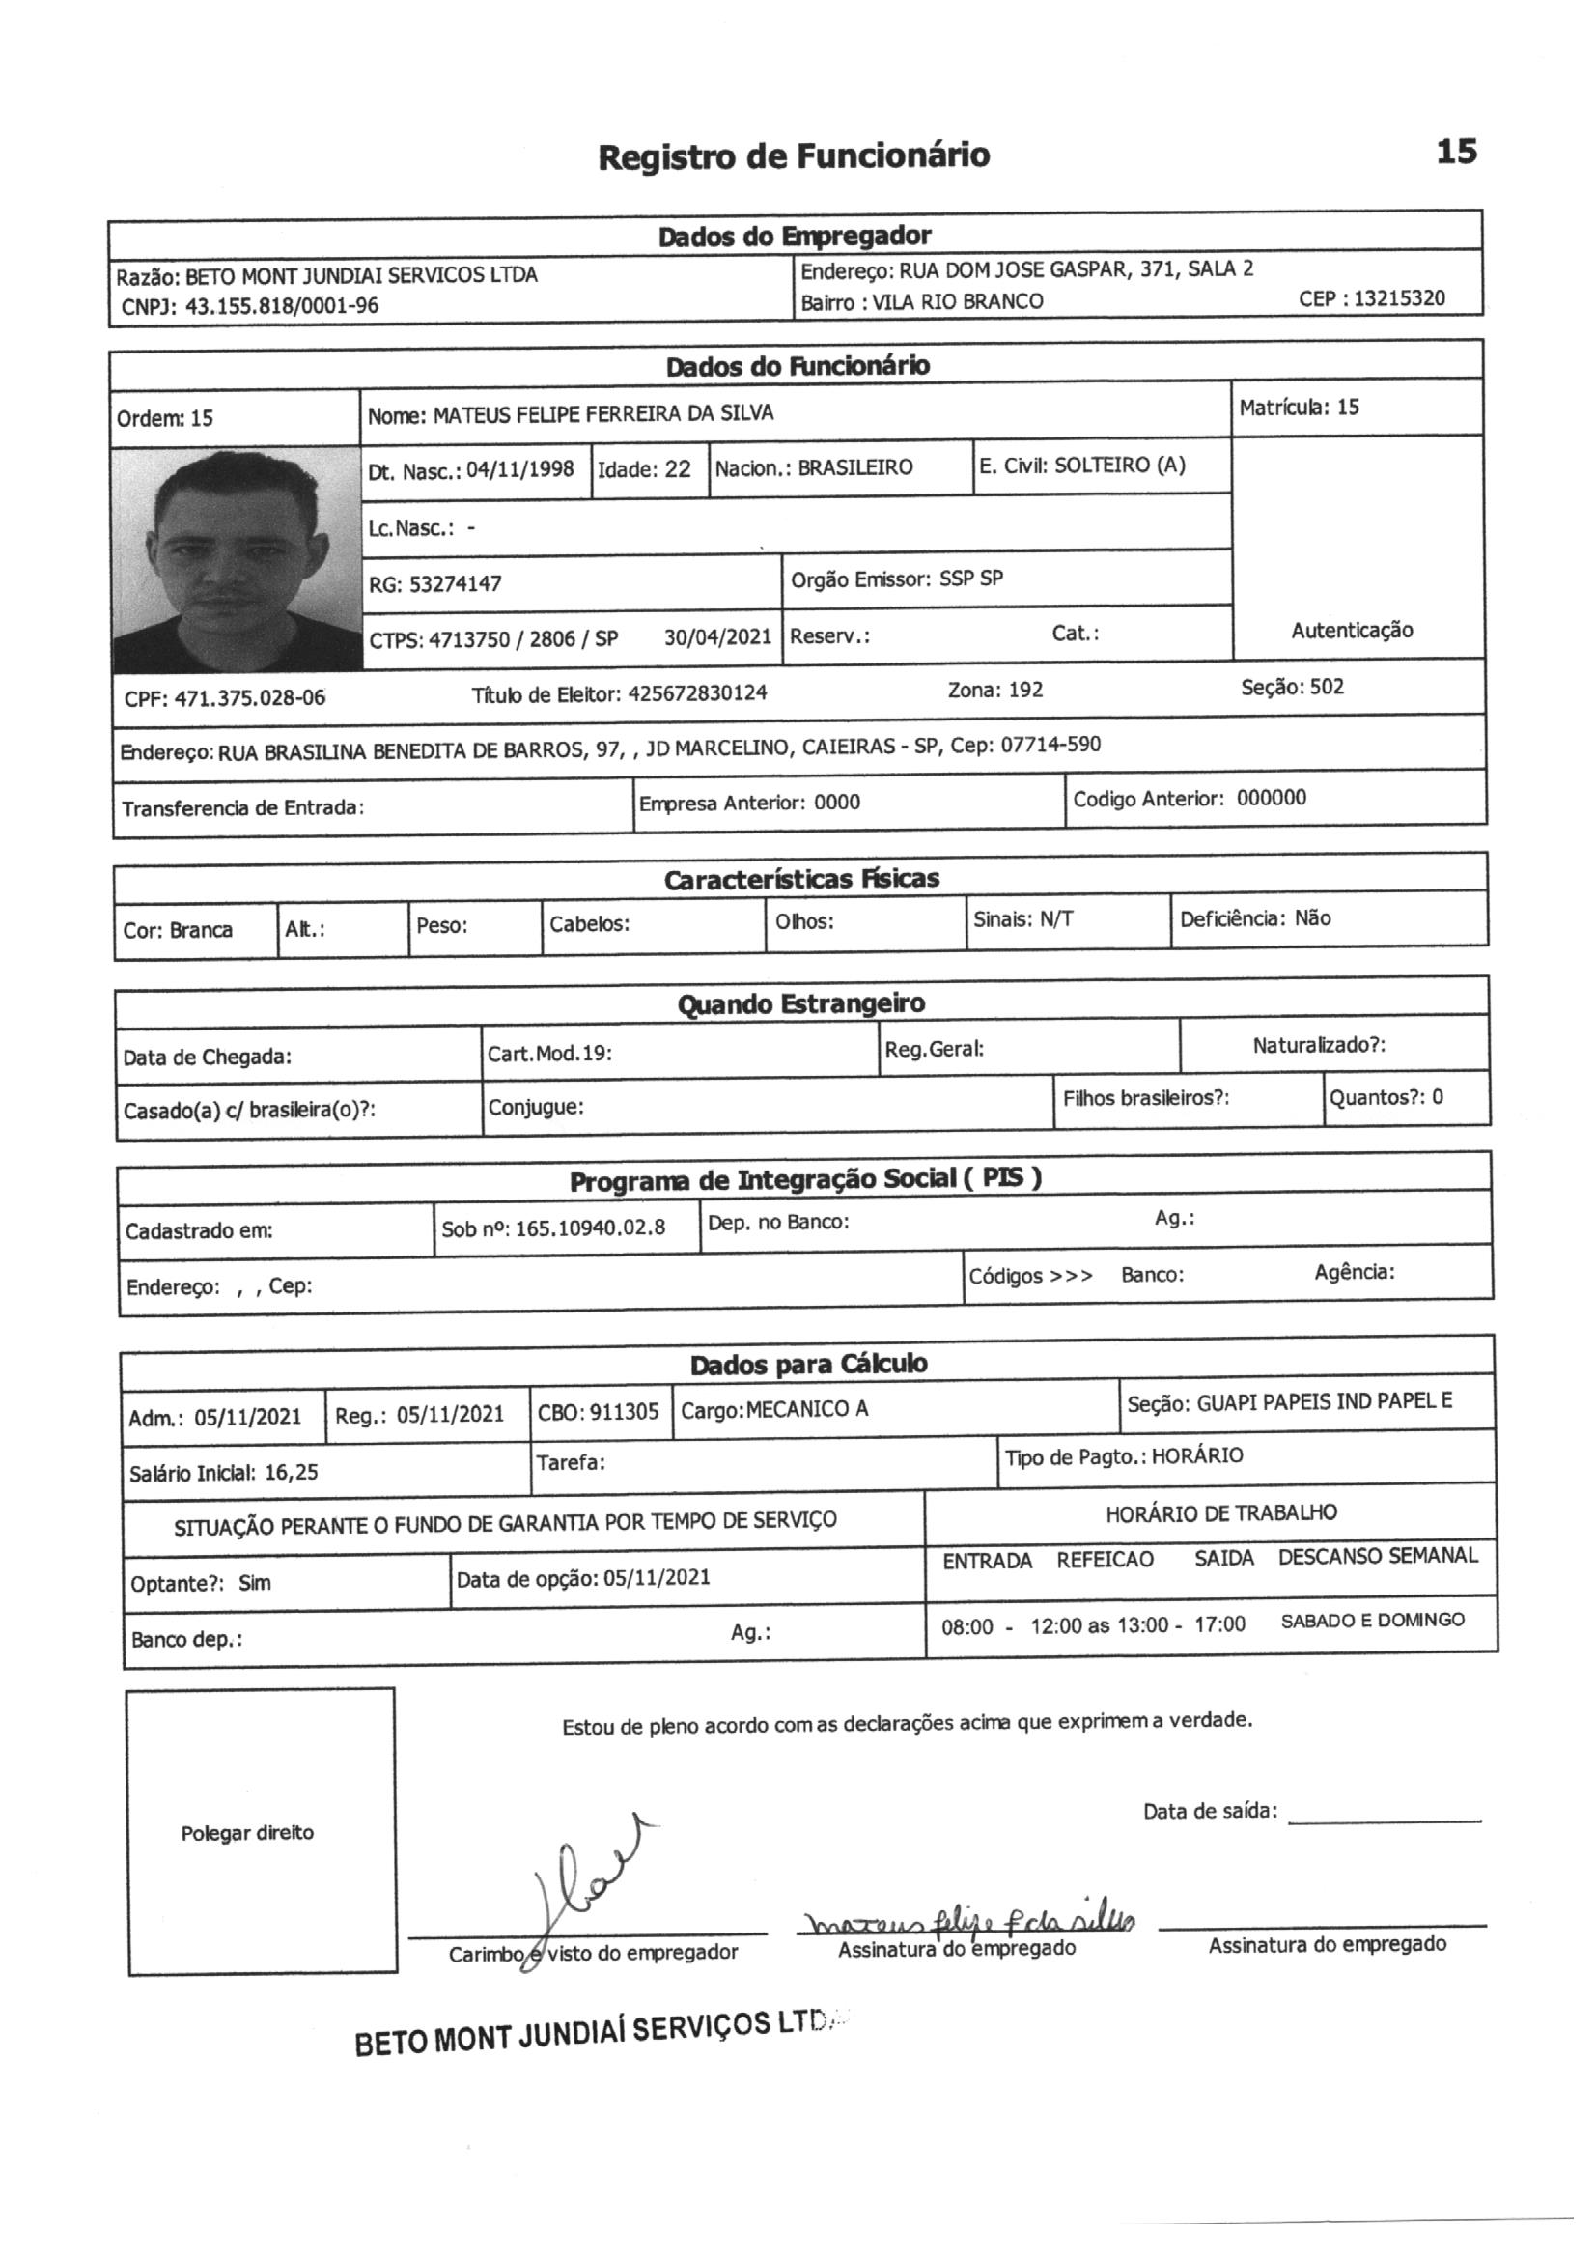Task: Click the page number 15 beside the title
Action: (x=1456, y=152)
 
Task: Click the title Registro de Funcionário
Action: (x=794, y=155)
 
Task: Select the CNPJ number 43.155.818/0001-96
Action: (x=281, y=306)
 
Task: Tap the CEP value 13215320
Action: (x=1399, y=298)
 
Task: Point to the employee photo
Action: (x=236, y=557)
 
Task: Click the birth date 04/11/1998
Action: (x=519, y=469)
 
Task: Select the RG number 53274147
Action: (x=456, y=584)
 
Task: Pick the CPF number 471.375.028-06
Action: (x=250, y=698)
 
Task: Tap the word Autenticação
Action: (x=1351, y=631)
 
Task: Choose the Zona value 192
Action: (x=1024, y=690)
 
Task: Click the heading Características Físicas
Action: (x=800, y=878)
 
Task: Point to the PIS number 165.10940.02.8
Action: (x=590, y=1228)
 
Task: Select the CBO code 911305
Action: (x=624, y=1412)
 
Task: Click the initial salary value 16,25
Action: (x=291, y=1471)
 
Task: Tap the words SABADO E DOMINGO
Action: (x=1372, y=1620)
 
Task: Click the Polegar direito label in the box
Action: (x=247, y=1832)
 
